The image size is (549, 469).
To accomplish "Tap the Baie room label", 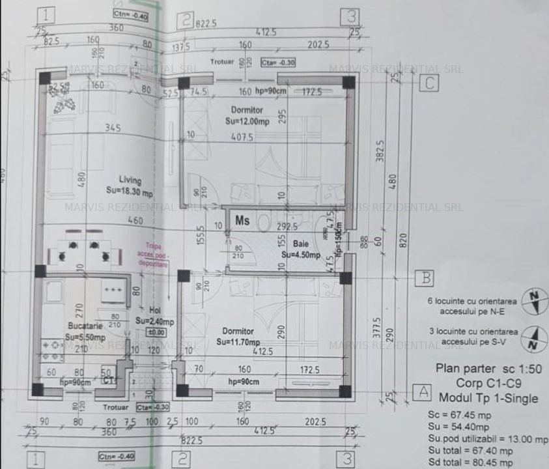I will (x=300, y=244).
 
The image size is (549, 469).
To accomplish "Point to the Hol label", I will (x=154, y=311).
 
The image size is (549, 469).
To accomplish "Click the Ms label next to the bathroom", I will (x=242, y=220).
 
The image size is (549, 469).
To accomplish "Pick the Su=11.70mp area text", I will (x=238, y=342).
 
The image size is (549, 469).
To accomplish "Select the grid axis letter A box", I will (x=422, y=392).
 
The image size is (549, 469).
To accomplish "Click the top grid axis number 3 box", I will (x=351, y=16).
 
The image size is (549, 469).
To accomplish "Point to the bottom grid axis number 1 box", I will (x=36, y=460).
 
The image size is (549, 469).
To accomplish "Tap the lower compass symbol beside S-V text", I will (x=535, y=337).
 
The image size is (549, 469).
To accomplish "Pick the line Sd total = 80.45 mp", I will (x=475, y=463).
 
